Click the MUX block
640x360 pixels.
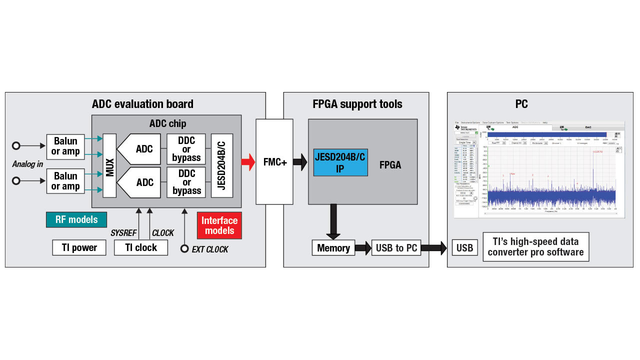(x=109, y=165)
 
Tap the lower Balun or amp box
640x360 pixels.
(x=65, y=181)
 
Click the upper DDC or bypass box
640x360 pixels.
(x=186, y=149)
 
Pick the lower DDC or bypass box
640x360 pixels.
(x=186, y=182)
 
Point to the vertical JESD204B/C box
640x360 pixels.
(x=222, y=165)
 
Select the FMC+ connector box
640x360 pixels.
(x=274, y=161)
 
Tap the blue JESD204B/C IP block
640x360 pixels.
(x=340, y=162)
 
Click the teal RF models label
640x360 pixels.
(x=76, y=219)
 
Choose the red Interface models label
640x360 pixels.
(x=219, y=225)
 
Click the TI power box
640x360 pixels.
(x=79, y=247)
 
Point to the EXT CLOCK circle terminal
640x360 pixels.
(x=184, y=248)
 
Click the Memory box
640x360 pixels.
(x=333, y=248)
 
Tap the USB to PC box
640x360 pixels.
(x=396, y=248)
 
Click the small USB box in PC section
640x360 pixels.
(x=464, y=248)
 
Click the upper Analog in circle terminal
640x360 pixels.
(x=16, y=145)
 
